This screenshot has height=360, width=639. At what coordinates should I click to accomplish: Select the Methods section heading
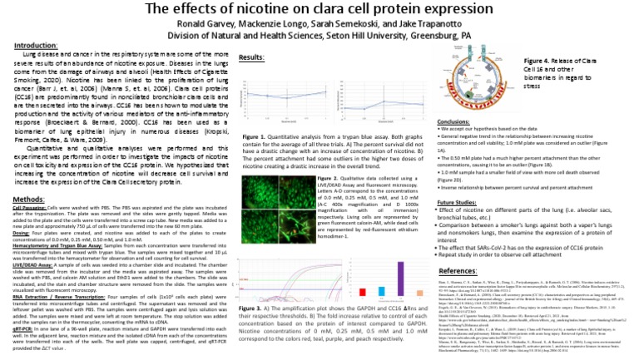tap(29, 177)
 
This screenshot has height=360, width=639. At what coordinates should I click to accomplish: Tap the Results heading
tap(252, 57)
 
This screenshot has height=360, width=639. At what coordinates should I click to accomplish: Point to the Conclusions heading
tap(458, 121)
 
